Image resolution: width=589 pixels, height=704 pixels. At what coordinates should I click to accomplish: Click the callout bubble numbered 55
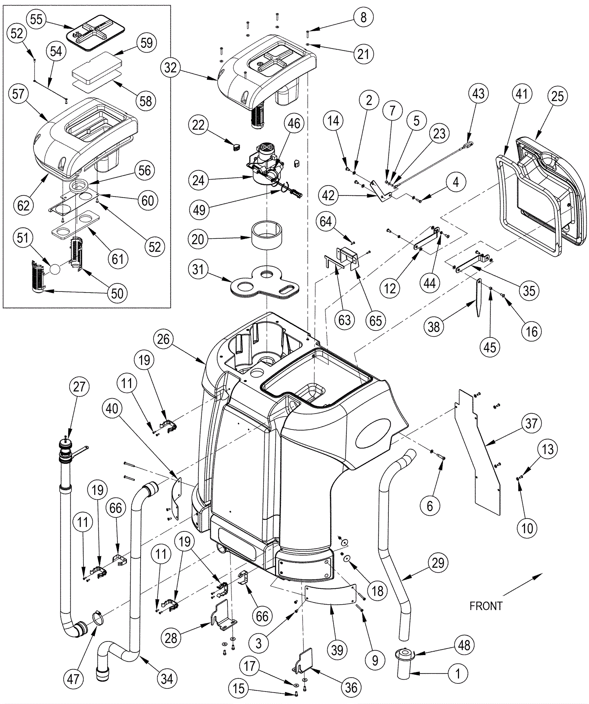pyautogui.click(x=36, y=19)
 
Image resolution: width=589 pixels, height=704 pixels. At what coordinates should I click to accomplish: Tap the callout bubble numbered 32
pyautogui.click(x=170, y=68)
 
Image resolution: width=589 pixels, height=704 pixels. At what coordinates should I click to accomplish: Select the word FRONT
pyautogui.click(x=486, y=606)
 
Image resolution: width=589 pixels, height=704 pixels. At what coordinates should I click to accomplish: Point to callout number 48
pyautogui.click(x=464, y=645)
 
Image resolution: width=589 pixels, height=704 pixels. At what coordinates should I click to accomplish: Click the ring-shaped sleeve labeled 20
pyautogui.click(x=267, y=235)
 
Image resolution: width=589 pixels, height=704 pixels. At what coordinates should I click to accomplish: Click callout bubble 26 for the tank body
pyautogui.click(x=163, y=339)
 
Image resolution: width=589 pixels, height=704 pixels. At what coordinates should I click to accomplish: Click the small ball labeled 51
pyautogui.click(x=54, y=269)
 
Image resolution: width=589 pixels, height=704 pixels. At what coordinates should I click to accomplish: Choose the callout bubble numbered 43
pyautogui.click(x=478, y=93)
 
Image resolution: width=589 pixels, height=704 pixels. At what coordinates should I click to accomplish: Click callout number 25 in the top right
pyautogui.click(x=557, y=96)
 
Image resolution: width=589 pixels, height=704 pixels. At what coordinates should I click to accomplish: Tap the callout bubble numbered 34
pyautogui.click(x=167, y=679)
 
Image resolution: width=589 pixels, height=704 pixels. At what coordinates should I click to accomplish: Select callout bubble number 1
pyautogui.click(x=458, y=674)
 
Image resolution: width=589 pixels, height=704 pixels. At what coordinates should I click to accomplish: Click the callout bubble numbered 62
pyautogui.click(x=23, y=205)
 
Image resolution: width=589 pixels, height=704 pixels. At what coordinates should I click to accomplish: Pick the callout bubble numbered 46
pyautogui.click(x=294, y=124)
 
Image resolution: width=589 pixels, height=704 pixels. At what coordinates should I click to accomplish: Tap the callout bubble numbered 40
pyautogui.click(x=112, y=408)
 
